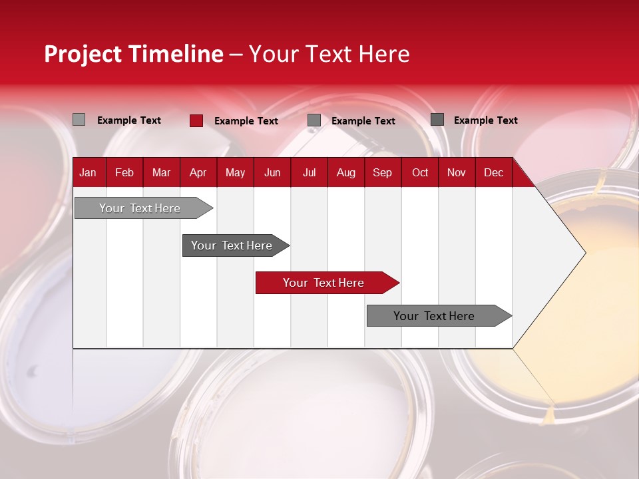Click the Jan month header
tap(88, 173)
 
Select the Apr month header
tap(198, 173)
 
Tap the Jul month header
tap(309, 173)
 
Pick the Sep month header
tap(382, 173)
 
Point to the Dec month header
tap(493, 173)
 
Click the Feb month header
tap(124, 173)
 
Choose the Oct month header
tap(420, 173)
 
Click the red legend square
tap(196, 120)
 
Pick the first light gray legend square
tap(79, 120)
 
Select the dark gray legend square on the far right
tap(437, 120)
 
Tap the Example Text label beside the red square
tap(246, 121)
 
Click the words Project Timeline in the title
tap(134, 55)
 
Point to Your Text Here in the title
tap(329, 55)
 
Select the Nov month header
tap(457, 173)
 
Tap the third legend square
tap(314, 120)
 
